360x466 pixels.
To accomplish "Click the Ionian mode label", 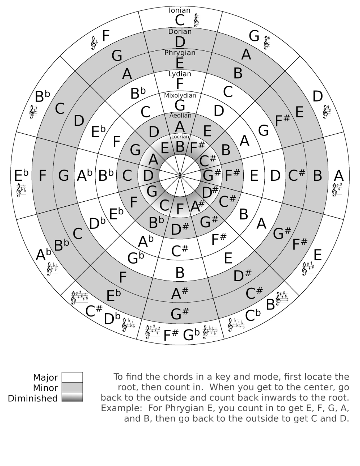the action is click(x=180, y=10).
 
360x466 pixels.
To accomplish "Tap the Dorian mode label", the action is click(x=180, y=32).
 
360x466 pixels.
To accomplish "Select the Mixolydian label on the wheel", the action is click(x=180, y=95).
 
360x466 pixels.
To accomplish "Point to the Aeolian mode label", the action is click(x=180, y=116).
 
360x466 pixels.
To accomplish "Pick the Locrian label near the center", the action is click(x=180, y=136).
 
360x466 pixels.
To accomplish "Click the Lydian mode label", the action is click(x=180, y=74).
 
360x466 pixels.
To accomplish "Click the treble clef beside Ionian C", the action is click(x=196, y=21).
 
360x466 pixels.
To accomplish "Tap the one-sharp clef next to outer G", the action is click(x=266, y=42).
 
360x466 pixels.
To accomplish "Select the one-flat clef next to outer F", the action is click(x=94, y=43).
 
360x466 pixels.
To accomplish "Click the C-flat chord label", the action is click(x=253, y=315).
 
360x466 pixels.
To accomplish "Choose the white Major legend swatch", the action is click(x=72, y=377).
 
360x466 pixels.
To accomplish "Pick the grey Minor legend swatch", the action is click(x=72, y=387).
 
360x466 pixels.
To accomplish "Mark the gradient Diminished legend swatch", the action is click(x=72, y=397).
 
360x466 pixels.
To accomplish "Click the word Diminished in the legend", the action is click(x=33, y=398).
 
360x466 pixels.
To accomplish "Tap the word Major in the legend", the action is click(x=45, y=377).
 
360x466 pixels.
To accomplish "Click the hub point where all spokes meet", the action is click(x=180, y=175).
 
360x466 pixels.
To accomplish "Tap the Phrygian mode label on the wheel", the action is click(x=180, y=53).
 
